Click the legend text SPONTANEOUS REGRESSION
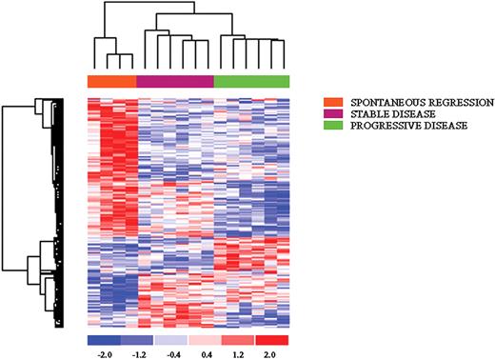click(x=409, y=101)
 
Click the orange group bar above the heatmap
click(x=111, y=81)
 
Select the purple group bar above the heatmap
click(x=175, y=81)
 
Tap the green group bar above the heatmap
click(x=251, y=81)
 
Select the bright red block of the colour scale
click(x=271, y=339)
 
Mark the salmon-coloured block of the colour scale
click(x=238, y=339)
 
